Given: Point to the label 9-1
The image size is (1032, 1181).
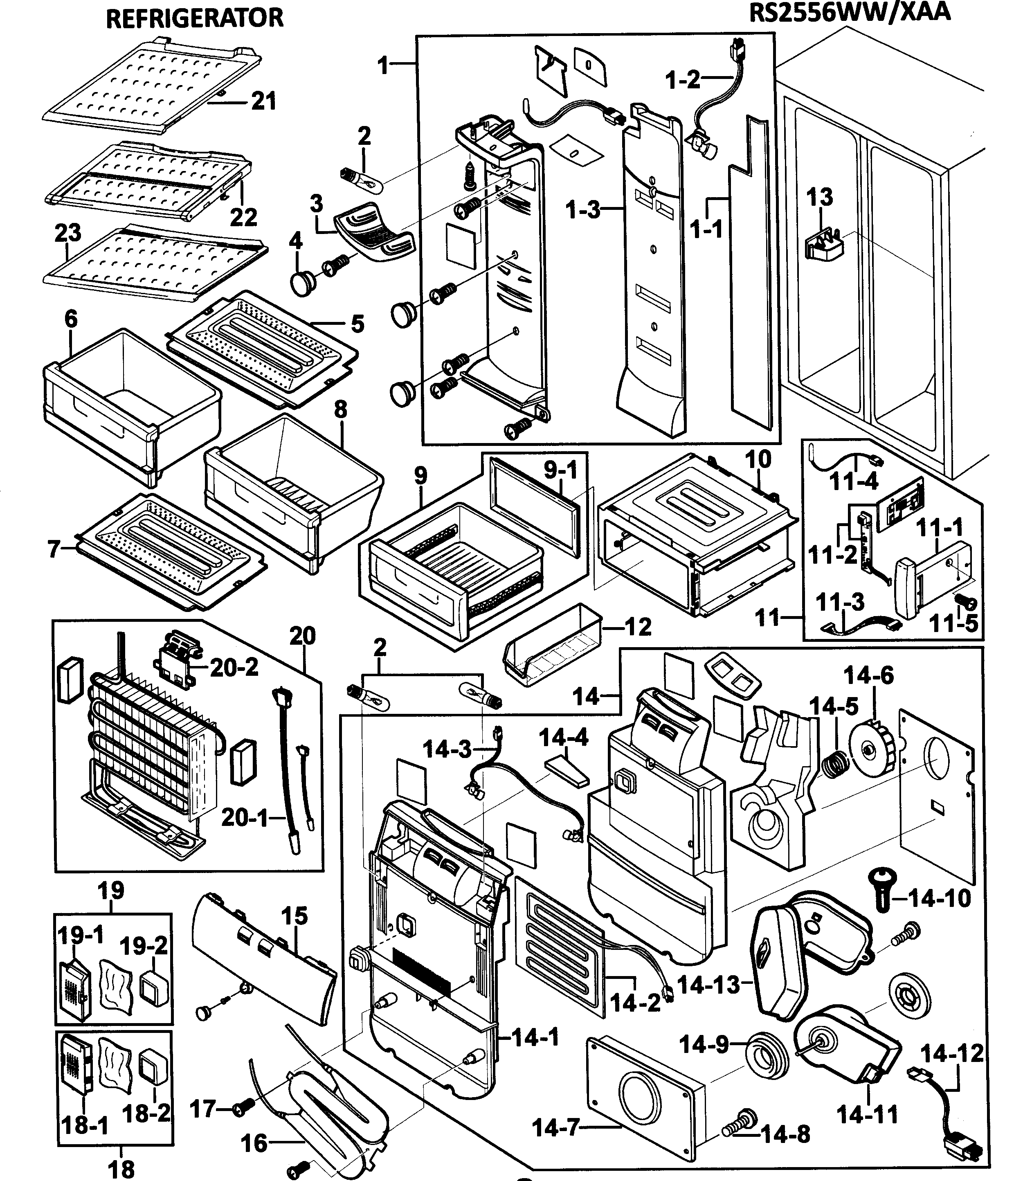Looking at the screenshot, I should click(560, 470).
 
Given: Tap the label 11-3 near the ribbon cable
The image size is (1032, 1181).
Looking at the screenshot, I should click(840, 602).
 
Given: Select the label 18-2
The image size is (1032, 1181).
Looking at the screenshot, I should click(146, 1113).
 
